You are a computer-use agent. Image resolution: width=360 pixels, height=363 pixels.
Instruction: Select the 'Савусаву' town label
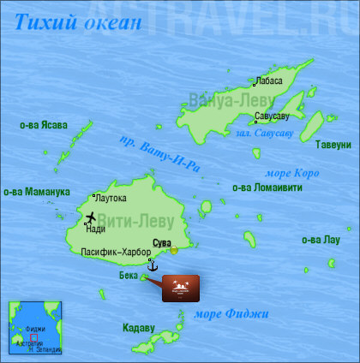pyautogui.click(x=272, y=116)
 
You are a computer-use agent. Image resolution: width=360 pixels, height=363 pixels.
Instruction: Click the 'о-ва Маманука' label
pyautogui.click(x=37, y=191)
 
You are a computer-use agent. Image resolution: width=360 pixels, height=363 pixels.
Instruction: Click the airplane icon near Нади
pyautogui.click(x=92, y=217)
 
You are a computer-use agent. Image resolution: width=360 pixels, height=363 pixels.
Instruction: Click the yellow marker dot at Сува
pyautogui.click(x=174, y=250)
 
